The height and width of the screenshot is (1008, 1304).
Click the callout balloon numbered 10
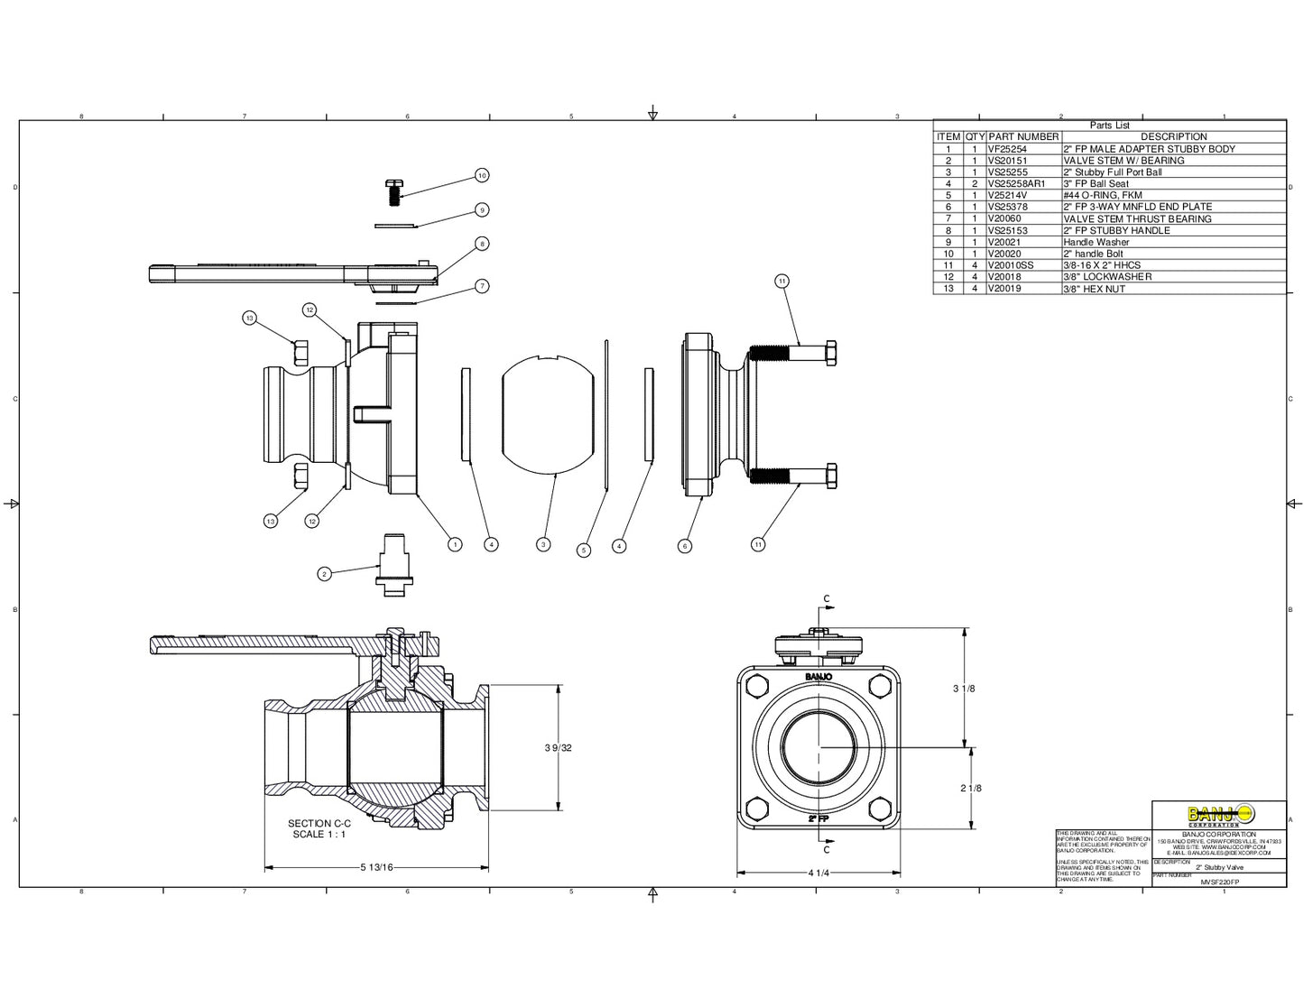pyautogui.click(x=482, y=175)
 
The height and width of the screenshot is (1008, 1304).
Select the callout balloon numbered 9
pyautogui.click(x=482, y=209)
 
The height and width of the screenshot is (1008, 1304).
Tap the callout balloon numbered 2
pyautogui.click(x=325, y=573)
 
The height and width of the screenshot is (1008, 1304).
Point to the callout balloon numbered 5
pyautogui.click(x=584, y=550)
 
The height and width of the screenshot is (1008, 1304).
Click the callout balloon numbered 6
pyautogui.click(x=685, y=545)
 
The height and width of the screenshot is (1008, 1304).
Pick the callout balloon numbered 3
pyautogui.click(x=543, y=544)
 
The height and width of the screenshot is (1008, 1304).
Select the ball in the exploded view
pyautogui.click(x=548, y=413)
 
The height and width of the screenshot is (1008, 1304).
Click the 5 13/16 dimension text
pyautogui.click(x=376, y=868)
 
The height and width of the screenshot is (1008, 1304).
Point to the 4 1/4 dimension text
pyautogui.click(x=819, y=873)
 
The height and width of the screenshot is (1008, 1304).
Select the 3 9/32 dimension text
pyautogui.click(x=559, y=747)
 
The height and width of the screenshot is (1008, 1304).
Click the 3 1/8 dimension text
pyautogui.click(x=965, y=689)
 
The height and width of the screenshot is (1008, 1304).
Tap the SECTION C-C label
pyautogui.click(x=319, y=823)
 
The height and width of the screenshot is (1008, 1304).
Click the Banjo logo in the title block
pyautogui.click(x=1219, y=814)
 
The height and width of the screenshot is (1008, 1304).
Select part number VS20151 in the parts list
pyautogui.click(x=1007, y=161)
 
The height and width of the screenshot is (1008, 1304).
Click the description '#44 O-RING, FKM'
pyautogui.click(x=1103, y=195)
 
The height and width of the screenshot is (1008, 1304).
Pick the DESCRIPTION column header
pyautogui.click(x=1173, y=137)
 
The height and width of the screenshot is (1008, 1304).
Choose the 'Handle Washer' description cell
pyautogui.click(x=1096, y=242)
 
